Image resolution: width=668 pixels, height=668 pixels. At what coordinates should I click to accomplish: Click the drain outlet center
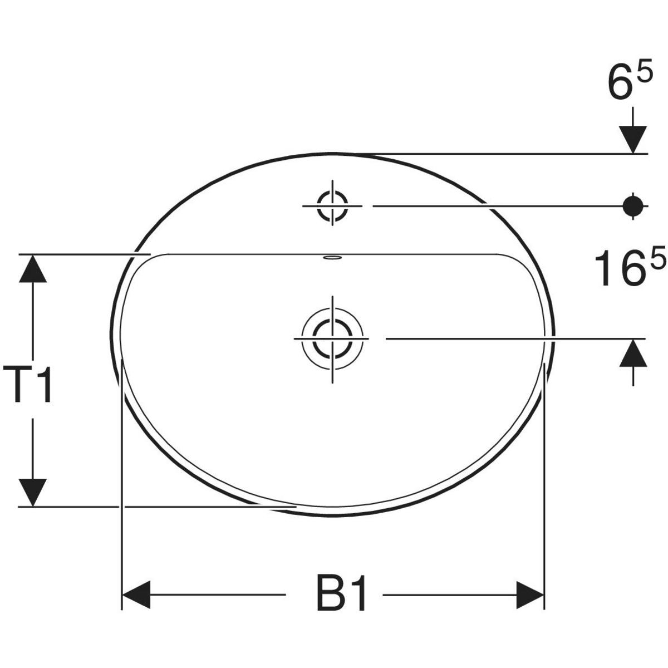[332, 338]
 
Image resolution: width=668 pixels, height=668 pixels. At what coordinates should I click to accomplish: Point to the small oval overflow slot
[332, 258]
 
